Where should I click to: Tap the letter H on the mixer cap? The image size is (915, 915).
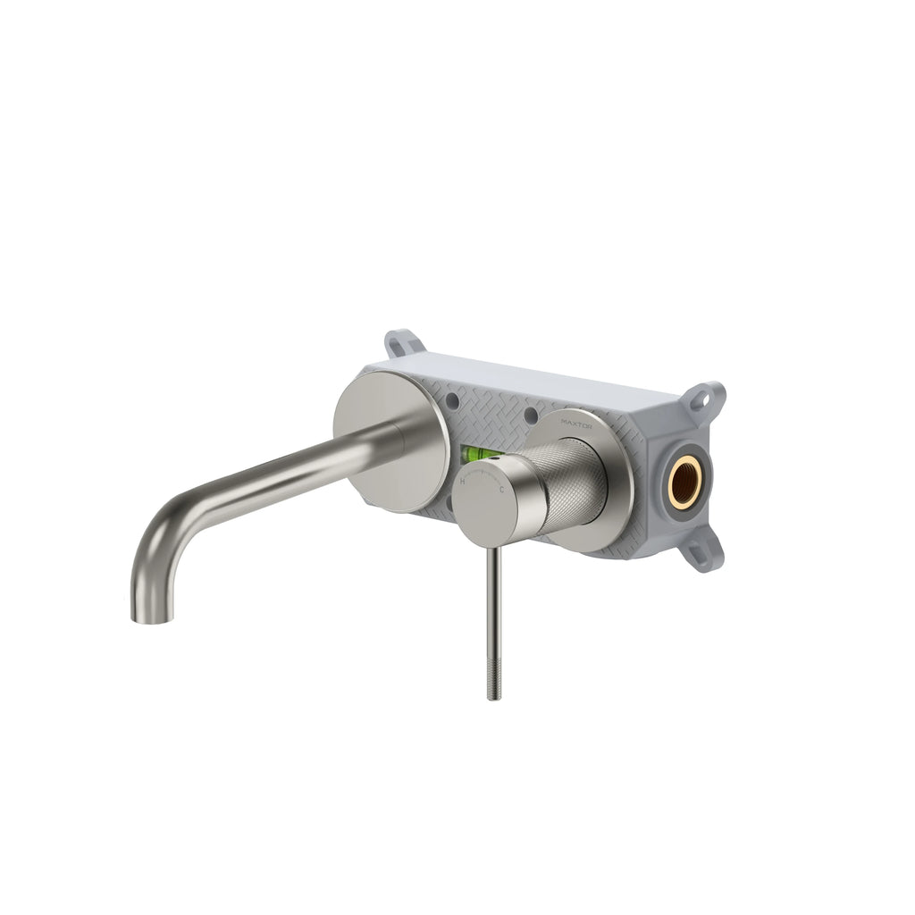pos(462,481)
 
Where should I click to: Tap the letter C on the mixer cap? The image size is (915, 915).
pos(501,490)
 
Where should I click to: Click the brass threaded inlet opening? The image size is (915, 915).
pos(684,483)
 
